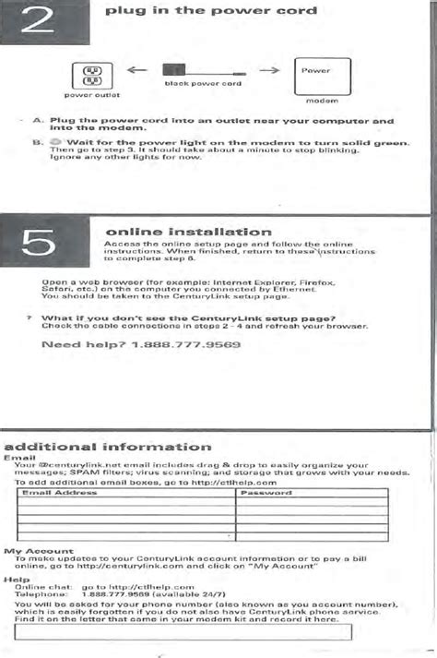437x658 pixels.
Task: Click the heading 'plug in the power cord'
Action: tap(211, 12)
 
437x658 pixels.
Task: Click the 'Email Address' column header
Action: tap(58, 493)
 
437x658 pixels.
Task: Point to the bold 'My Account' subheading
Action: tap(26, 551)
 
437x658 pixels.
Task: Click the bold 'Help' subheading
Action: tap(11, 580)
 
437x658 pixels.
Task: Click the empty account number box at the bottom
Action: tap(183, 634)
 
